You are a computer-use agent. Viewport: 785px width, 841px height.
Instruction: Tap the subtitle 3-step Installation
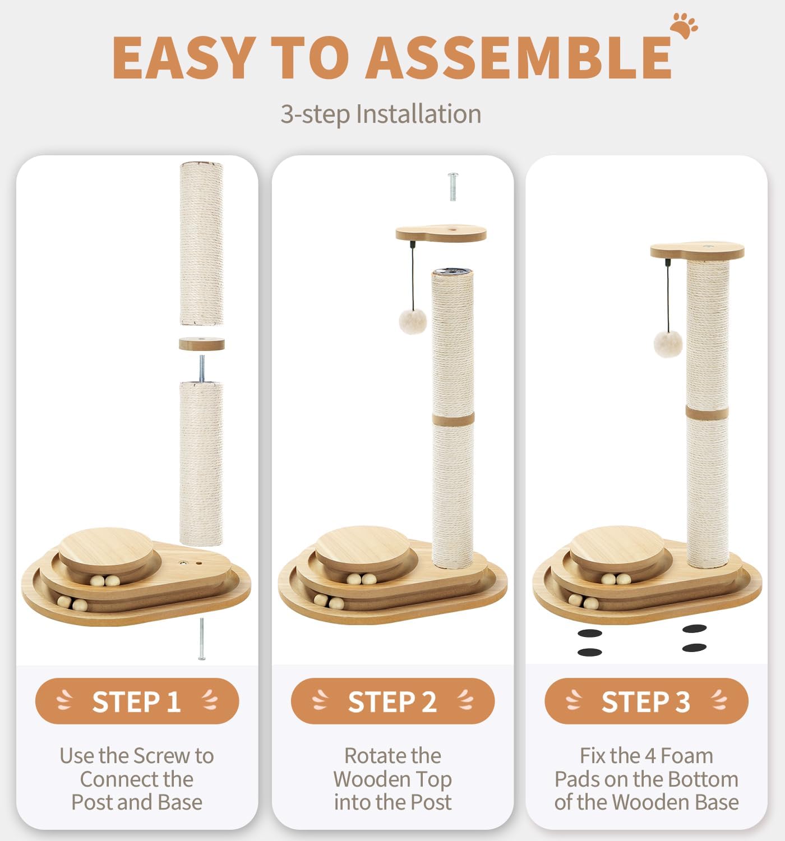pos(380,114)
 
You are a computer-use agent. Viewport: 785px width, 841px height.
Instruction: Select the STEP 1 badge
pos(137,702)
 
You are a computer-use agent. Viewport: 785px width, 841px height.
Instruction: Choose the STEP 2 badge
pos(392,702)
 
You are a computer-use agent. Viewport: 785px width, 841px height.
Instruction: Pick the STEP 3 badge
pos(646,702)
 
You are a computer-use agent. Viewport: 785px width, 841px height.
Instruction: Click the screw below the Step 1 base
pos(202,639)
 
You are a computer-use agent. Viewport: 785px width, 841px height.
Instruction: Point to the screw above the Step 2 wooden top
pos(453,186)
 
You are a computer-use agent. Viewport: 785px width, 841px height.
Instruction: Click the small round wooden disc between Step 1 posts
pos(202,344)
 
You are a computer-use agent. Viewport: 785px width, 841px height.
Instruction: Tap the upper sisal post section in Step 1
pos(202,243)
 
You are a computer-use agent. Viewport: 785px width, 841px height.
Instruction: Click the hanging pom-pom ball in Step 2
pos(412,321)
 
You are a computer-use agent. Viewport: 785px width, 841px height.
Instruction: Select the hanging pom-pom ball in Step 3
pos(668,344)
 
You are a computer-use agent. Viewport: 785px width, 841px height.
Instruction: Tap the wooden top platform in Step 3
pos(697,251)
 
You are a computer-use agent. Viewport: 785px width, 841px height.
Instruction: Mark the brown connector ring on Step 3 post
pos(707,412)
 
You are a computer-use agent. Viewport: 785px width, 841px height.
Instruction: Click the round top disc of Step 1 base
pos(106,549)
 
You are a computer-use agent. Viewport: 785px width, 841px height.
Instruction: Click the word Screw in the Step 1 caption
pos(161,756)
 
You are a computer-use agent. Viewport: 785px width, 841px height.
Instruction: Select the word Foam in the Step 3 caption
pos(687,756)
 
